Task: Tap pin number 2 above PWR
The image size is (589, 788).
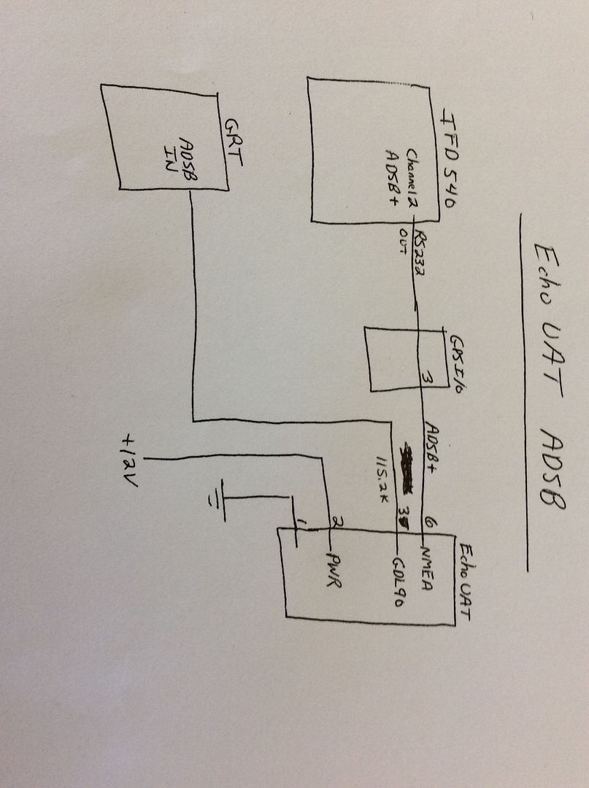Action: (x=336, y=522)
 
